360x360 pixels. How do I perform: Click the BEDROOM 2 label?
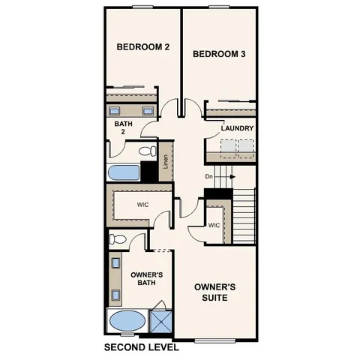pyautogui.click(x=143, y=47)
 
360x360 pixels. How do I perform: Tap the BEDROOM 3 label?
pyautogui.click(x=220, y=54)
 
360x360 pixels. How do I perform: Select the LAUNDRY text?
pyautogui.click(x=237, y=128)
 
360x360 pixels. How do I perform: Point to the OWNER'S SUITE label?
pyautogui.click(x=215, y=292)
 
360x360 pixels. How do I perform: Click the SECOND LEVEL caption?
pyautogui.click(x=141, y=347)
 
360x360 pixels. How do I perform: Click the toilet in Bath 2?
pyautogui.click(x=144, y=151)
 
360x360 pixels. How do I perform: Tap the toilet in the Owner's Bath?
pyautogui.click(x=117, y=241)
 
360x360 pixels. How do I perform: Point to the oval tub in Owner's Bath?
pyautogui.click(x=127, y=322)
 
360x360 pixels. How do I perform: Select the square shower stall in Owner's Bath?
pyautogui.click(x=161, y=322)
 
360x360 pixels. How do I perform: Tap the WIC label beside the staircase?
pyautogui.click(x=214, y=225)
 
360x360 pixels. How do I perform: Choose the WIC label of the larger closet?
pyautogui.click(x=143, y=204)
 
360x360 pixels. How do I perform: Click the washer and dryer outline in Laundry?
pyautogui.click(x=232, y=151)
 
